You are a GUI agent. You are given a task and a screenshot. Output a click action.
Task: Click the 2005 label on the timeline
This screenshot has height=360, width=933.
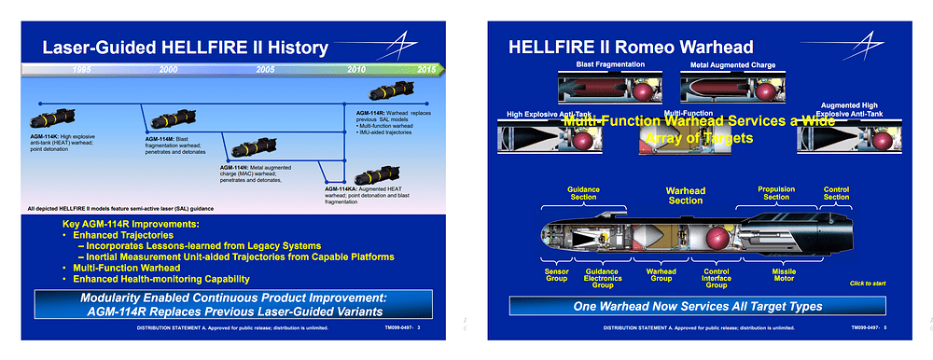pos(265,70)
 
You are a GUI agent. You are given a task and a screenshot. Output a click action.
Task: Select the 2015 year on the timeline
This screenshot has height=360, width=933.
pos(426,70)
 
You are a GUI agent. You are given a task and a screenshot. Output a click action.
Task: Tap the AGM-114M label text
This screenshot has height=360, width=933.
pos(160,138)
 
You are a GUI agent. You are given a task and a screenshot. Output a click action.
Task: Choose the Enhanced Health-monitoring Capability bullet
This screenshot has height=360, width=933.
pos(160,279)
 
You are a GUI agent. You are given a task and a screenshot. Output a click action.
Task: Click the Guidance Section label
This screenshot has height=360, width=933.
pos(583,193)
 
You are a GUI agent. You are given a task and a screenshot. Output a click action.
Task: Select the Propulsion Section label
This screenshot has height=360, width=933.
pos(775,193)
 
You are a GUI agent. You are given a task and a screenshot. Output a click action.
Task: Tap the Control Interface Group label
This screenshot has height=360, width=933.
pos(716,277)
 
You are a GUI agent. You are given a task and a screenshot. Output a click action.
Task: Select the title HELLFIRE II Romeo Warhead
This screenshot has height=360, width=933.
pos(630,47)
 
